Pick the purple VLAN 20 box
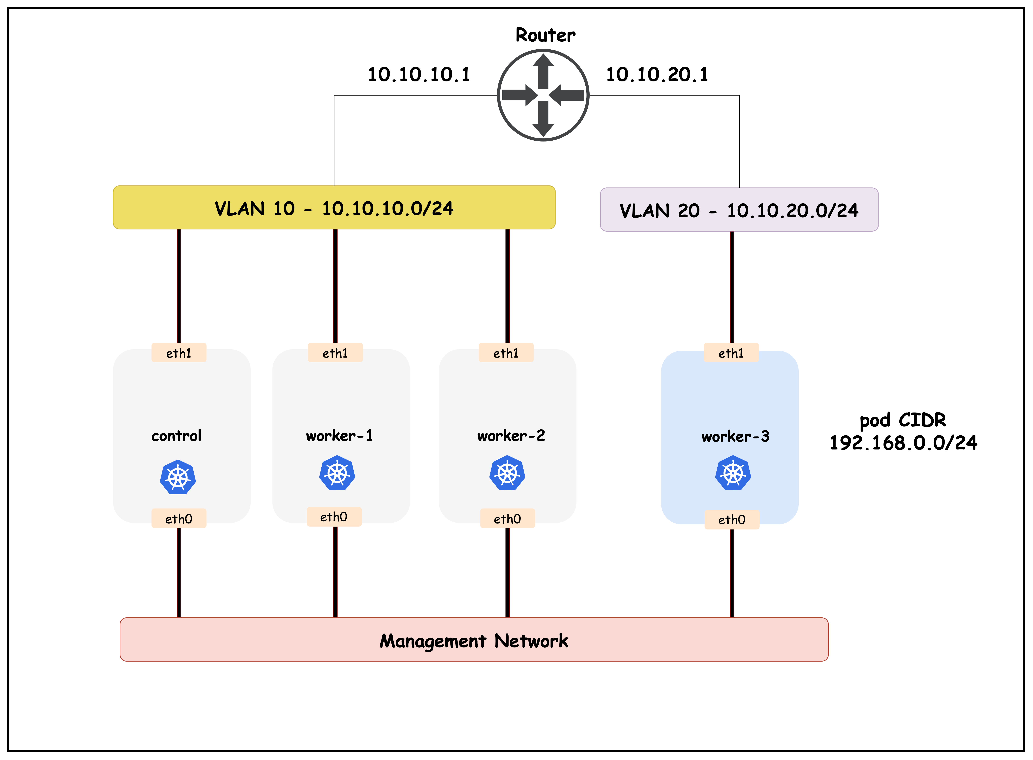pyautogui.click(x=739, y=210)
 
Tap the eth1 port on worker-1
pyautogui.click(x=335, y=353)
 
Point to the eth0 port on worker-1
pyautogui.click(x=334, y=517)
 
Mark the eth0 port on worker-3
pyautogui.click(x=732, y=519)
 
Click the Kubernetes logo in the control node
pyautogui.click(x=178, y=477)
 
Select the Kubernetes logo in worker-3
pyautogui.click(x=733, y=473)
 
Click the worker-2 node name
pyautogui.click(x=511, y=435)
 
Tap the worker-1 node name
pyautogui.click(x=340, y=435)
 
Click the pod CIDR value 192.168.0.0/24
pyautogui.click(x=903, y=443)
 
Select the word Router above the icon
pyautogui.click(x=545, y=35)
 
